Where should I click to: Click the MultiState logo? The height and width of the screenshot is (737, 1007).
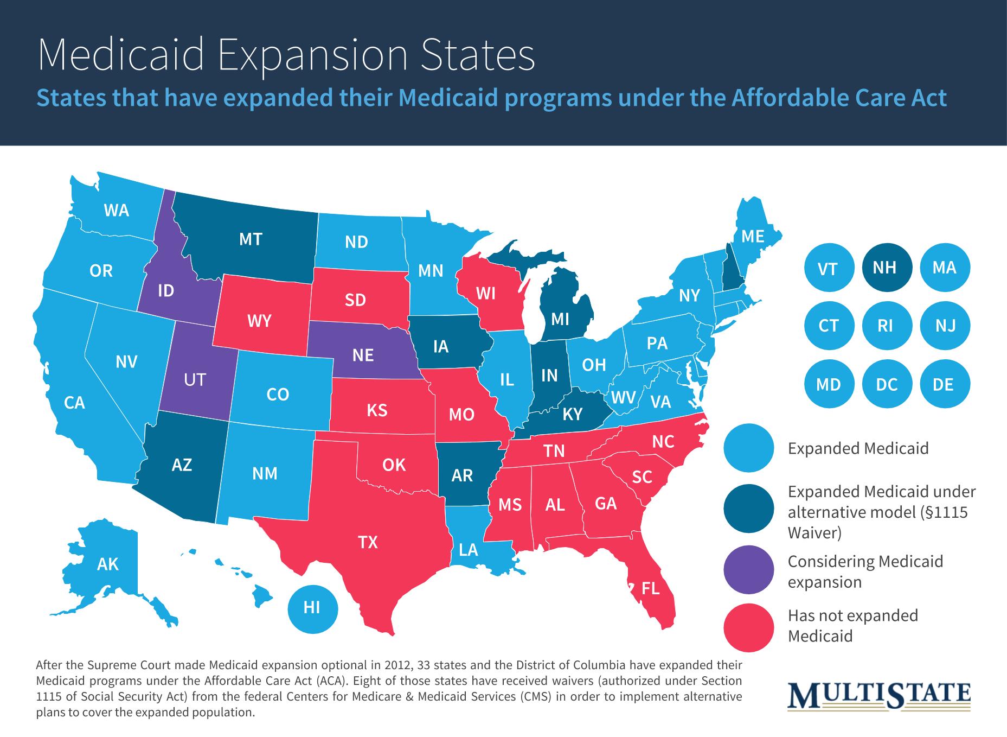(x=879, y=696)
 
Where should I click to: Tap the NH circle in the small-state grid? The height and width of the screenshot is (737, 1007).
(x=884, y=268)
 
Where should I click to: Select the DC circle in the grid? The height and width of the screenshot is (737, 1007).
(x=887, y=384)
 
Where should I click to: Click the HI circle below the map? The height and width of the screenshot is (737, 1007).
(x=312, y=607)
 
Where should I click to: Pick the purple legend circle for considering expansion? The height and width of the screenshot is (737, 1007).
(x=749, y=571)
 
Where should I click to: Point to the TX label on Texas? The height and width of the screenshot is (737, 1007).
(x=368, y=542)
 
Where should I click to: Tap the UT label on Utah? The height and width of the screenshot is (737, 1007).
(x=195, y=379)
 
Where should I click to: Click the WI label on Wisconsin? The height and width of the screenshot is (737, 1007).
(x=485, y=294)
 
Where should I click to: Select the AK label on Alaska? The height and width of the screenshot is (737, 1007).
(x=107, y=564)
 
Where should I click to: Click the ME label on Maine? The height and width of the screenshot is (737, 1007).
(x=753, y=237)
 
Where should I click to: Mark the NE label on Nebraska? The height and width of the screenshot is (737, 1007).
(x=363, y=355)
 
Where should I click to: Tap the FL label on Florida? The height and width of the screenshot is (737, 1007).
(x=650, y=588)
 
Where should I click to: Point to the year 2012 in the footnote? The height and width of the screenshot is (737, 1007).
(x=399, y=665)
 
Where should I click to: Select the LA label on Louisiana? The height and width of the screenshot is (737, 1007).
(x=468, y=550)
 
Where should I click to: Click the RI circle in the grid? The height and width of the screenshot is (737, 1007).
(x=885, y=326)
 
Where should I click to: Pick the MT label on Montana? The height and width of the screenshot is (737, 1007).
(x=251, y=239)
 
